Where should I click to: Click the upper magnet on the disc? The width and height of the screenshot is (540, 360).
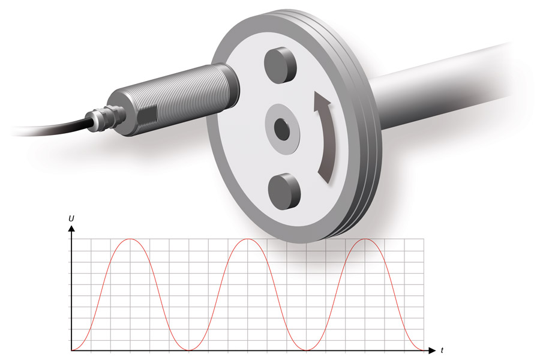pyautogui.click(x=280, y=65)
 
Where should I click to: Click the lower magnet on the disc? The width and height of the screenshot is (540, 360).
pyautogui.click(x=284, y=191)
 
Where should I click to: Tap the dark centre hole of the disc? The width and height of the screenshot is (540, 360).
pyautogui.click(x=282, y=129)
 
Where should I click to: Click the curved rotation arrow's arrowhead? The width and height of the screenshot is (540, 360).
pyautogui.click(x=322, y=101)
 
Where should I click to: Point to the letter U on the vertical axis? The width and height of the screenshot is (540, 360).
pyautogui.click(x=71, y=218)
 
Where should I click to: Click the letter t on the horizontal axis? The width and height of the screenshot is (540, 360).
pyautogui.click(x=442, y=350)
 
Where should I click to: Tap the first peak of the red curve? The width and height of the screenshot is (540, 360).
pyautogui.click(x=130, y=239)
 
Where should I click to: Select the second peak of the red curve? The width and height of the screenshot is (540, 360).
pyautogui.click(x=248, y=239)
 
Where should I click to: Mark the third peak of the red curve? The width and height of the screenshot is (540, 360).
pyautogui.click(x=365, y=239)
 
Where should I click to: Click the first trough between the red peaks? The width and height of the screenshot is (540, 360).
pyautogui.click(x=189, y=350)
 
